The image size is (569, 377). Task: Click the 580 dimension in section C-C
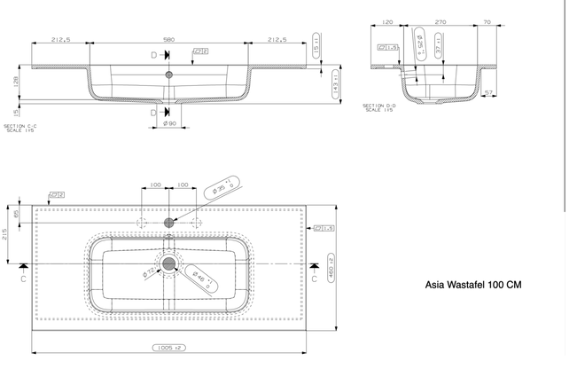pyautogui.click(x=168, y=38)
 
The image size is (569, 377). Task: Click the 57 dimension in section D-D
pyautogui.click(x=489, y=92)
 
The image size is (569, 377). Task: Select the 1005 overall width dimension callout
pyautogui.click(x=168, y=349)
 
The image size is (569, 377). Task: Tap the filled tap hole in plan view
pyautogui.click(x=168, y=222)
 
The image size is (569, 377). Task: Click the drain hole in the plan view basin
pyautogui.click(x=168, y=263)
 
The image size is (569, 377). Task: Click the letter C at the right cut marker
pyautogui.click(x=315, y=277)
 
